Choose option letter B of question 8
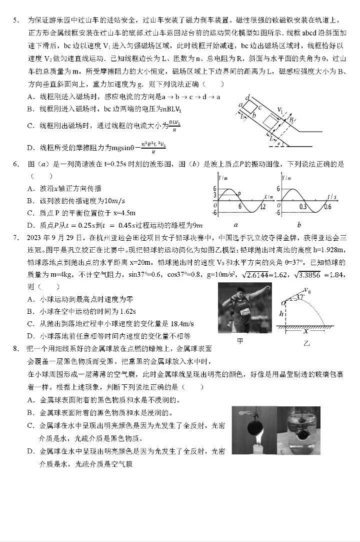(31, 412)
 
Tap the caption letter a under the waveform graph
(235, 225)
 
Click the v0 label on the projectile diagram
(306, 289)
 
